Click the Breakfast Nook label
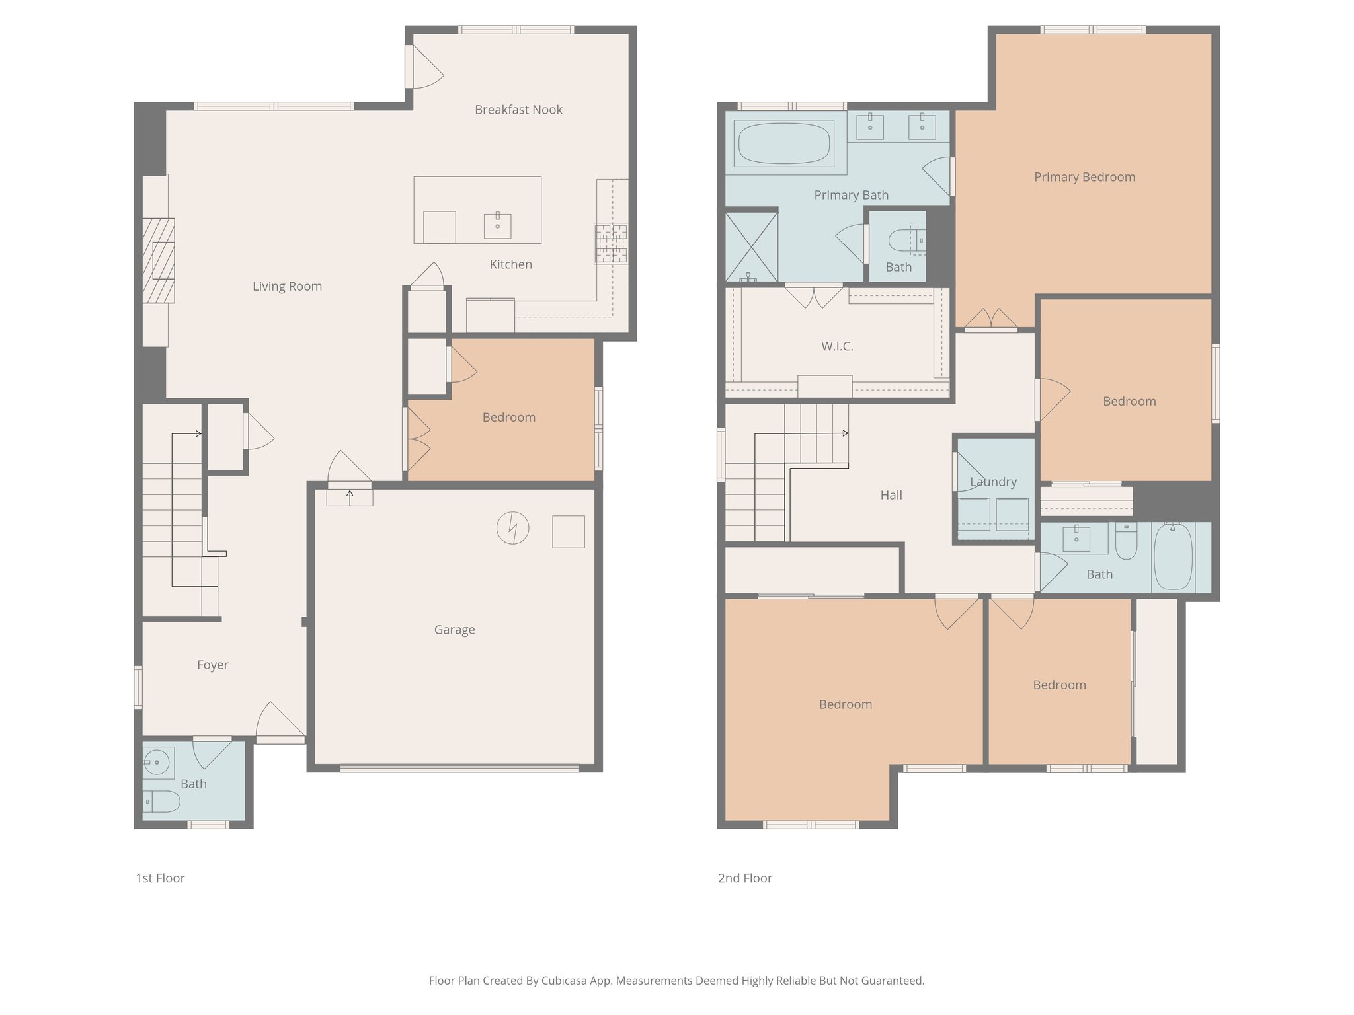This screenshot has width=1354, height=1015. (x=518, y=110)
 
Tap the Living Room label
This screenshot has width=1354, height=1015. (x=287, y=286)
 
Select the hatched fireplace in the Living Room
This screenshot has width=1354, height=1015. (x=159, y=260)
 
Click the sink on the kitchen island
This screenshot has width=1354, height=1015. (x=497, y=225)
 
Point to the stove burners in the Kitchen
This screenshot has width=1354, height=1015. (x=611, y=243)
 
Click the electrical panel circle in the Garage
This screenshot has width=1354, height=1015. (x=512, y=528)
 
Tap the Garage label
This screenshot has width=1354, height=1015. (x=454, y=630)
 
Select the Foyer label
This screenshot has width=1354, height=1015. (x=212, y=665)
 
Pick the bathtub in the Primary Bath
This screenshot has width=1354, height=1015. (x=783, y=143)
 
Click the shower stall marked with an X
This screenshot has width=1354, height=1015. (x=752, y=246)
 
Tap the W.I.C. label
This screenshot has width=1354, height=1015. (x=837, y=346)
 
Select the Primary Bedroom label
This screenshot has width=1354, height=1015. (x=1084, y=177)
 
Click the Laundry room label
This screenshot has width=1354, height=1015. (x=993, y=482)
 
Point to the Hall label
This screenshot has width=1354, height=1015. (x=891, y=495)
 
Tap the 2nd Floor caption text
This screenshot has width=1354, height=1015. (x=744, y=878)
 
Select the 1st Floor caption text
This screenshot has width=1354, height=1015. (x=160, y=878)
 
